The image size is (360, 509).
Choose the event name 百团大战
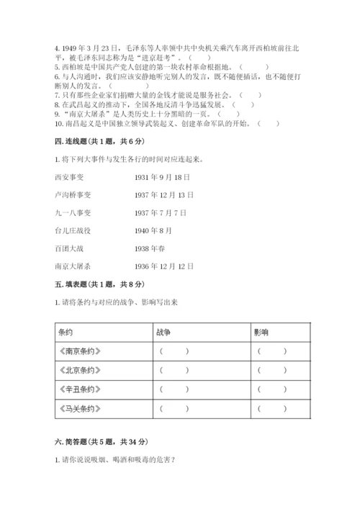coord(68,248)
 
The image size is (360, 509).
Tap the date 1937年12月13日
coord(165,194)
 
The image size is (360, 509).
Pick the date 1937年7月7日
coord(161,212)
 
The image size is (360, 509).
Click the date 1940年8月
coord(154,230)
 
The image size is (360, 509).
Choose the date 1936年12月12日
coord(165,266)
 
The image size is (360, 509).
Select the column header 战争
coord(163,333)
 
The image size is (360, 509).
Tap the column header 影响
coord(261,333)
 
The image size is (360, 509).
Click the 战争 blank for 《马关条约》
coord(175,409)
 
